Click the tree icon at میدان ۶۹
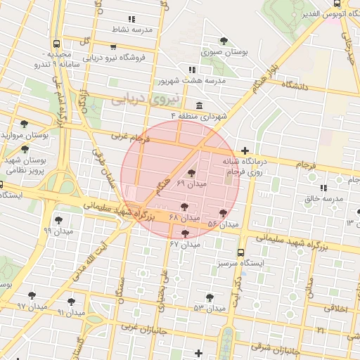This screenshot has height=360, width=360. click(191, 173)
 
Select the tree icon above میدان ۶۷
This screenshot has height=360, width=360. click(185, 233)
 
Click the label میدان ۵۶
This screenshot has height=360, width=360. click(223, 224)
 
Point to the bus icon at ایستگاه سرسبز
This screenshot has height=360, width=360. click(241, 252)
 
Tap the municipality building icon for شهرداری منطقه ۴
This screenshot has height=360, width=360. click(200, 105)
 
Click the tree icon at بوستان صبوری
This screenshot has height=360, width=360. click(224, 41)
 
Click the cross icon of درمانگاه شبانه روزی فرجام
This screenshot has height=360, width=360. click(244, 150)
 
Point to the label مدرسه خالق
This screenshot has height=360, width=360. click(324, 198)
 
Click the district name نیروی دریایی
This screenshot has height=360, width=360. click(137, 99)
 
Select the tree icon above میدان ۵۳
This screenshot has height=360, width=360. click(209, 297)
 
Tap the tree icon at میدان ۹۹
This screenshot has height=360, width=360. click(58, 220)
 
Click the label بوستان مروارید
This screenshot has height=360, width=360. click(24, 134)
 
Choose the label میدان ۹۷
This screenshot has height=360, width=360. click(32, 307)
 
